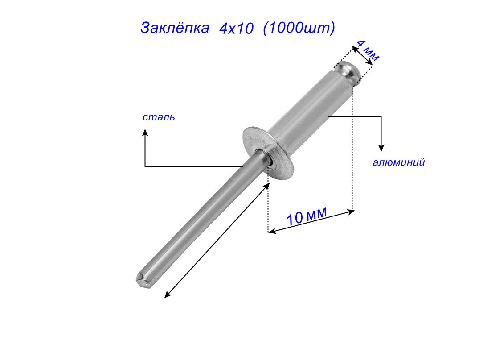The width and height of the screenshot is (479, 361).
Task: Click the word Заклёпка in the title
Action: (x=175, y=28)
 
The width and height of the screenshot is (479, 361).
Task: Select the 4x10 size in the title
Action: (x=237, y=29)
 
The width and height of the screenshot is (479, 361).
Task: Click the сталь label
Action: (x=159, y=117)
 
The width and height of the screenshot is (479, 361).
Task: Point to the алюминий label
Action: (x=399, y=162)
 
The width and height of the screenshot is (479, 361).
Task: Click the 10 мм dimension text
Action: (x=307, y=216)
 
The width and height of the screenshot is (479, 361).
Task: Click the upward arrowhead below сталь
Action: (x=145, y=133)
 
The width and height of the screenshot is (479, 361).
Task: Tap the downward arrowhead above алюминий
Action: (x=381, y=148)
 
